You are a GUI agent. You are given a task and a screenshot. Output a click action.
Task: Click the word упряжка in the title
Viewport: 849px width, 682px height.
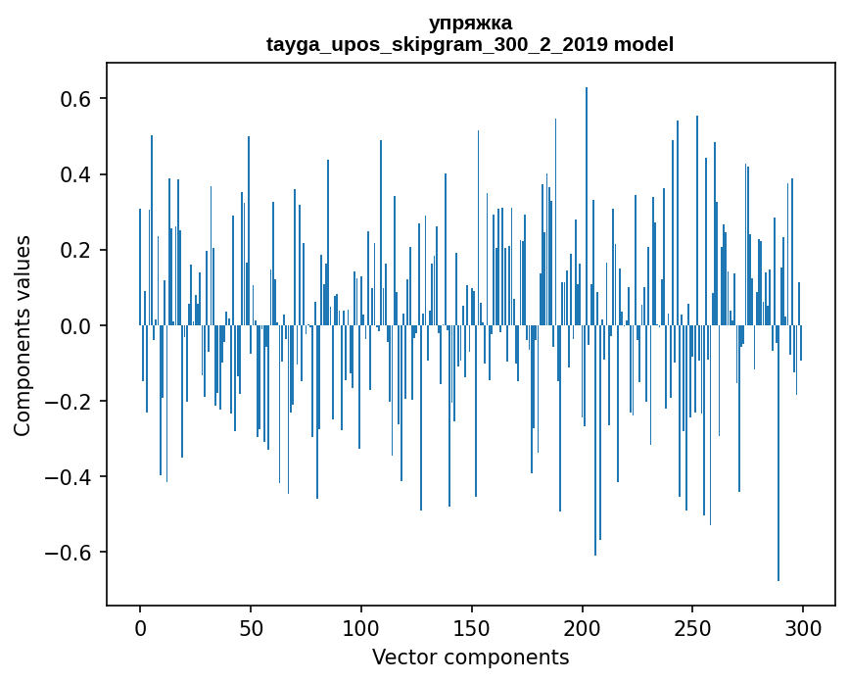470,24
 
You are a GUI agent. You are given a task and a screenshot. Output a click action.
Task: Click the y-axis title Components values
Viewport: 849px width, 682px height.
23,335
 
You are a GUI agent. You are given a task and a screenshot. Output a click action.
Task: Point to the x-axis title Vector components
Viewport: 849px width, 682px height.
470,657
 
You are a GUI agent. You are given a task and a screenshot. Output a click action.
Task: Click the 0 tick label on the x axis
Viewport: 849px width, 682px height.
140,627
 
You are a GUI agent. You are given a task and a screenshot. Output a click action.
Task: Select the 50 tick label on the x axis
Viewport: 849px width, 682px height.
251,627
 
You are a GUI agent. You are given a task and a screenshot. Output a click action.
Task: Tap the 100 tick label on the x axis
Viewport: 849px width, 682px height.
361,627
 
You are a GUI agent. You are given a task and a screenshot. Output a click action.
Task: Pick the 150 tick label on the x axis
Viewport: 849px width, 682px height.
472,627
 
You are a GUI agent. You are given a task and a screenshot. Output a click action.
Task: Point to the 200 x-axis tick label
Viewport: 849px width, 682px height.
583,627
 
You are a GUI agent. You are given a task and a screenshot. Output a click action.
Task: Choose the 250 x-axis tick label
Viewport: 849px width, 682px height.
693,627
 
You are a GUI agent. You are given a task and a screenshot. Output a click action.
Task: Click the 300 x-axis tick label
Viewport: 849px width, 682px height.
804,627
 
